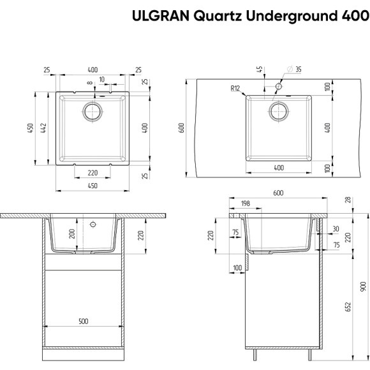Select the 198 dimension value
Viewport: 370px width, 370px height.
click(x=246, y=204)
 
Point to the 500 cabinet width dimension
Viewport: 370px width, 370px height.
click(x=83, y=322)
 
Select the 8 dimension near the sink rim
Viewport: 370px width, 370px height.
click(x=91, y=82)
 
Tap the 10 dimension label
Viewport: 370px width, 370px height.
click(x=102, y=80)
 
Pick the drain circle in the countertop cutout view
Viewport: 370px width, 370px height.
click(x=279, y=111)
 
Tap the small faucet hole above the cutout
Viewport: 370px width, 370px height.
click(x=279, y=86)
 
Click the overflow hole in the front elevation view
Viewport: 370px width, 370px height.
click(x=93, y=225)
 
